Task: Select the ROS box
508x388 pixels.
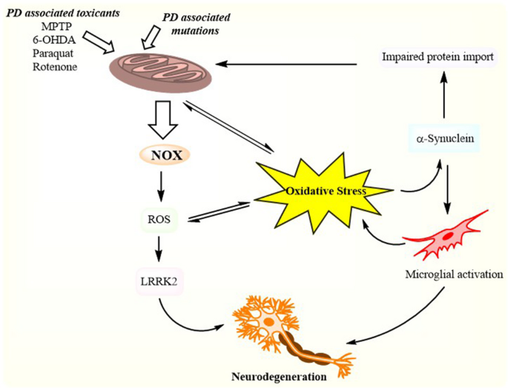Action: (159, 218)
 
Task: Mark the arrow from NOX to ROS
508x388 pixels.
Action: (159, 186)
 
